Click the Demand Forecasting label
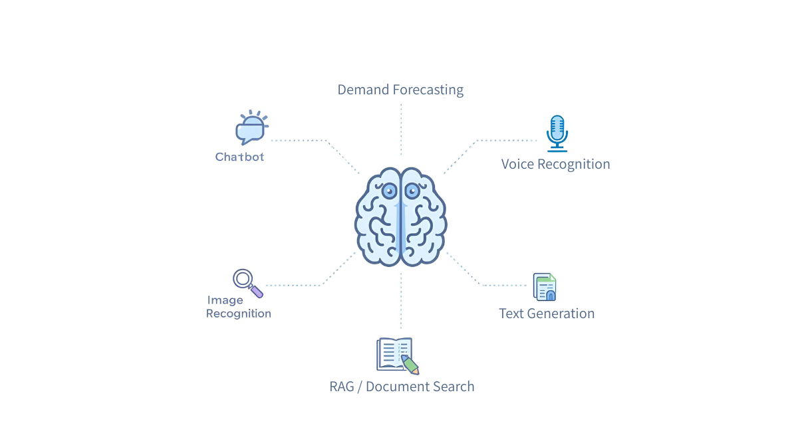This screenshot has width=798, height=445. point(400,90)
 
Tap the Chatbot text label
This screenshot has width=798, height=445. point(239,157)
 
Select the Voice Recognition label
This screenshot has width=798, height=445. point(555,164)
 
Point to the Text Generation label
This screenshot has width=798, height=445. point(547,313)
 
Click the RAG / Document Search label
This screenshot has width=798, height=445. point(402,387)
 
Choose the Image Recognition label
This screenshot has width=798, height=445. point(238,307)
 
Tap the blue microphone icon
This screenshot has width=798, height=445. point(557,133)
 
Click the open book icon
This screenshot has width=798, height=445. point(395,353)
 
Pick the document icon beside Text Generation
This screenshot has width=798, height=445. point(545,287)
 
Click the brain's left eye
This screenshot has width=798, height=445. point(389,191)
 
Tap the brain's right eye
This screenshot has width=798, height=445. point(412,191)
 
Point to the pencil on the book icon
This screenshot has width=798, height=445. point(410,365)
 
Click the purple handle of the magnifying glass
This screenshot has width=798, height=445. point(257,292)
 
